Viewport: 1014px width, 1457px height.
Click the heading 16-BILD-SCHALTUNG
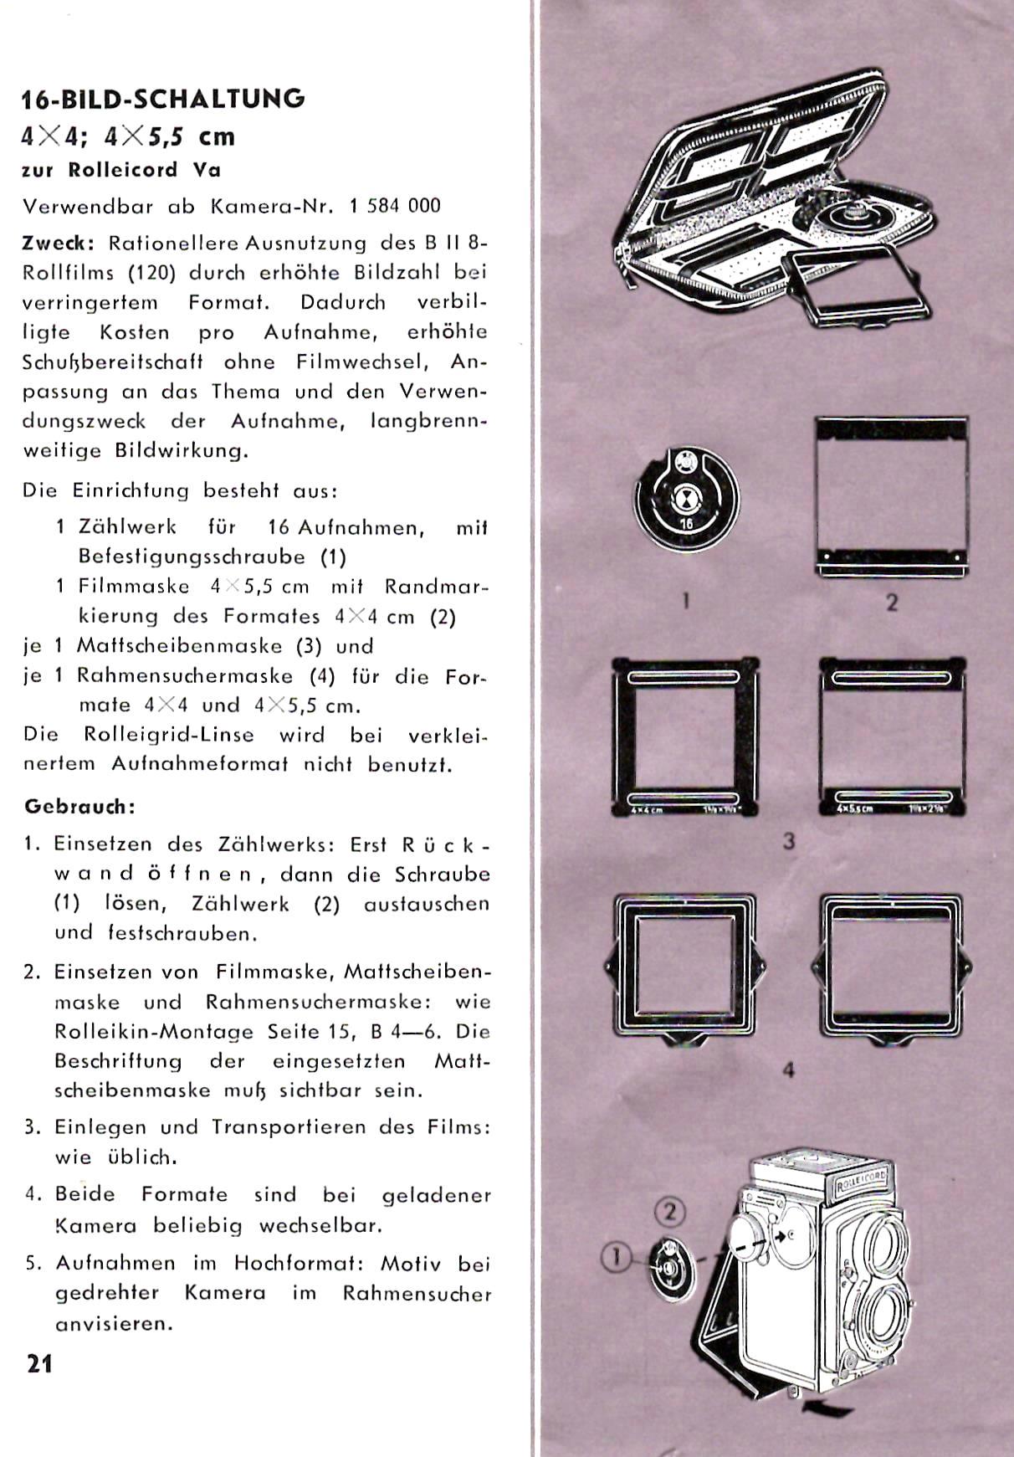point(163,99)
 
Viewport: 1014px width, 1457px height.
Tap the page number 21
point(39,1364)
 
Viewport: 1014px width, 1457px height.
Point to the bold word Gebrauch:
point(79,807)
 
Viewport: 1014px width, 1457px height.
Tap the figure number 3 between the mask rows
point(788,841)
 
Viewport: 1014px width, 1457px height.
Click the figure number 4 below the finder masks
point(788,1070)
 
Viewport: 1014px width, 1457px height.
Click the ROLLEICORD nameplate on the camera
point(861,1182)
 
